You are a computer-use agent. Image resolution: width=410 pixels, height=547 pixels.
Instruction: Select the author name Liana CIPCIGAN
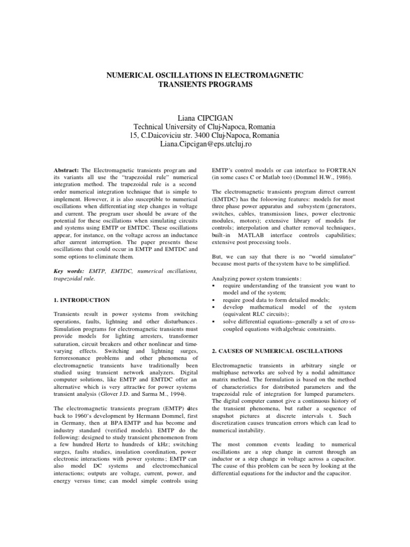click(x=204, y=117)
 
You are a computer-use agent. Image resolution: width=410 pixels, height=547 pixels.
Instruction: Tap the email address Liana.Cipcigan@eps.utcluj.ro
click(x=204, y=144)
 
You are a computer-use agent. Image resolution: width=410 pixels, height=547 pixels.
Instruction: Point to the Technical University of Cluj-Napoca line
click(x=204, y=126)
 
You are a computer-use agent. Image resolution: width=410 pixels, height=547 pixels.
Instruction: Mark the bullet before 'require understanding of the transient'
click(x=214, y=286)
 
